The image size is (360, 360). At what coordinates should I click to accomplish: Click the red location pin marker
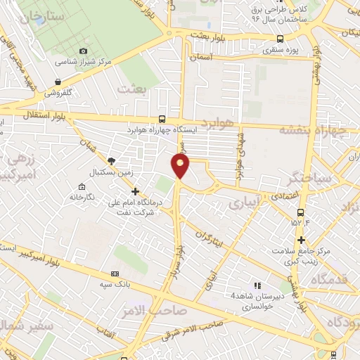click(x=181, y=166)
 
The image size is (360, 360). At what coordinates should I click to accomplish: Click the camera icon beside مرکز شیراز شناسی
click(x=84, y=51)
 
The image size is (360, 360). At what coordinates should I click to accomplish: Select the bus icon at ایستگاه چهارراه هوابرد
click(x=163, y=119)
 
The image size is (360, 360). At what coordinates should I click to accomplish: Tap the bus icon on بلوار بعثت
click(x=281, y=39)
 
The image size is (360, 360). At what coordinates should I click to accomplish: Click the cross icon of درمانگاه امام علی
click(x=136, y=191)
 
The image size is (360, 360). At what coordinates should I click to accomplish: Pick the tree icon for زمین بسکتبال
click(x=112, y=161)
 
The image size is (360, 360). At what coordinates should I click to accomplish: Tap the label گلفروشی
click(x=61, y=92)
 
